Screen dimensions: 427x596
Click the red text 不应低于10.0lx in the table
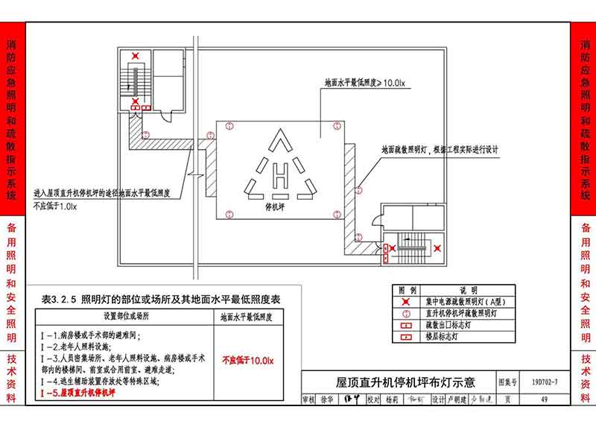[248, 361]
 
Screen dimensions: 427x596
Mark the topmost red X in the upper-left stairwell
[135, 56]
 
